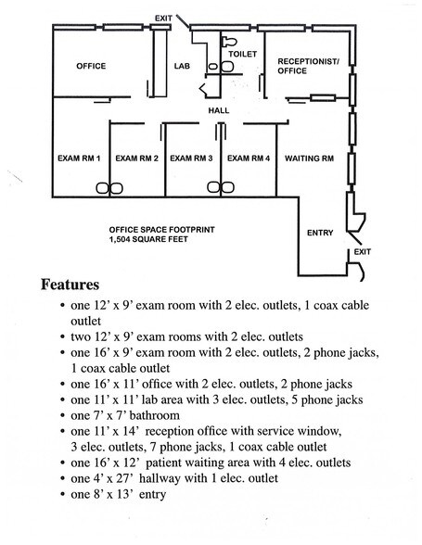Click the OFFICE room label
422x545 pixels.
click(91, 66)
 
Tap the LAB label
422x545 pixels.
click(183, 66)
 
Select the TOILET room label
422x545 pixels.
click(243, 54)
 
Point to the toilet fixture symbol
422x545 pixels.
click(228, 42)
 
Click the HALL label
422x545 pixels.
click(219, 110)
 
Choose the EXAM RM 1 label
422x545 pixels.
click(79, 158)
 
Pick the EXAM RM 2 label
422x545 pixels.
click(136, 158)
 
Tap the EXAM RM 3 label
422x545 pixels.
click(191, 158)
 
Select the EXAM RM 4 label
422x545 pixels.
click(249, 158)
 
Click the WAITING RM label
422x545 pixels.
click(309, 158)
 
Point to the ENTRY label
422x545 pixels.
click(320, 233)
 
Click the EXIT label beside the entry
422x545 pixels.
click(363, 251)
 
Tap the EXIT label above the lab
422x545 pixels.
click(163, 19)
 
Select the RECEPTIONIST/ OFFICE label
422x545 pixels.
click(308, 66)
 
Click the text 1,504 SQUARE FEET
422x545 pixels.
click(148, 239)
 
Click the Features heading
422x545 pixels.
click(70, 285)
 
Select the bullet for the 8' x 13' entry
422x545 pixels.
click(63, 494)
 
